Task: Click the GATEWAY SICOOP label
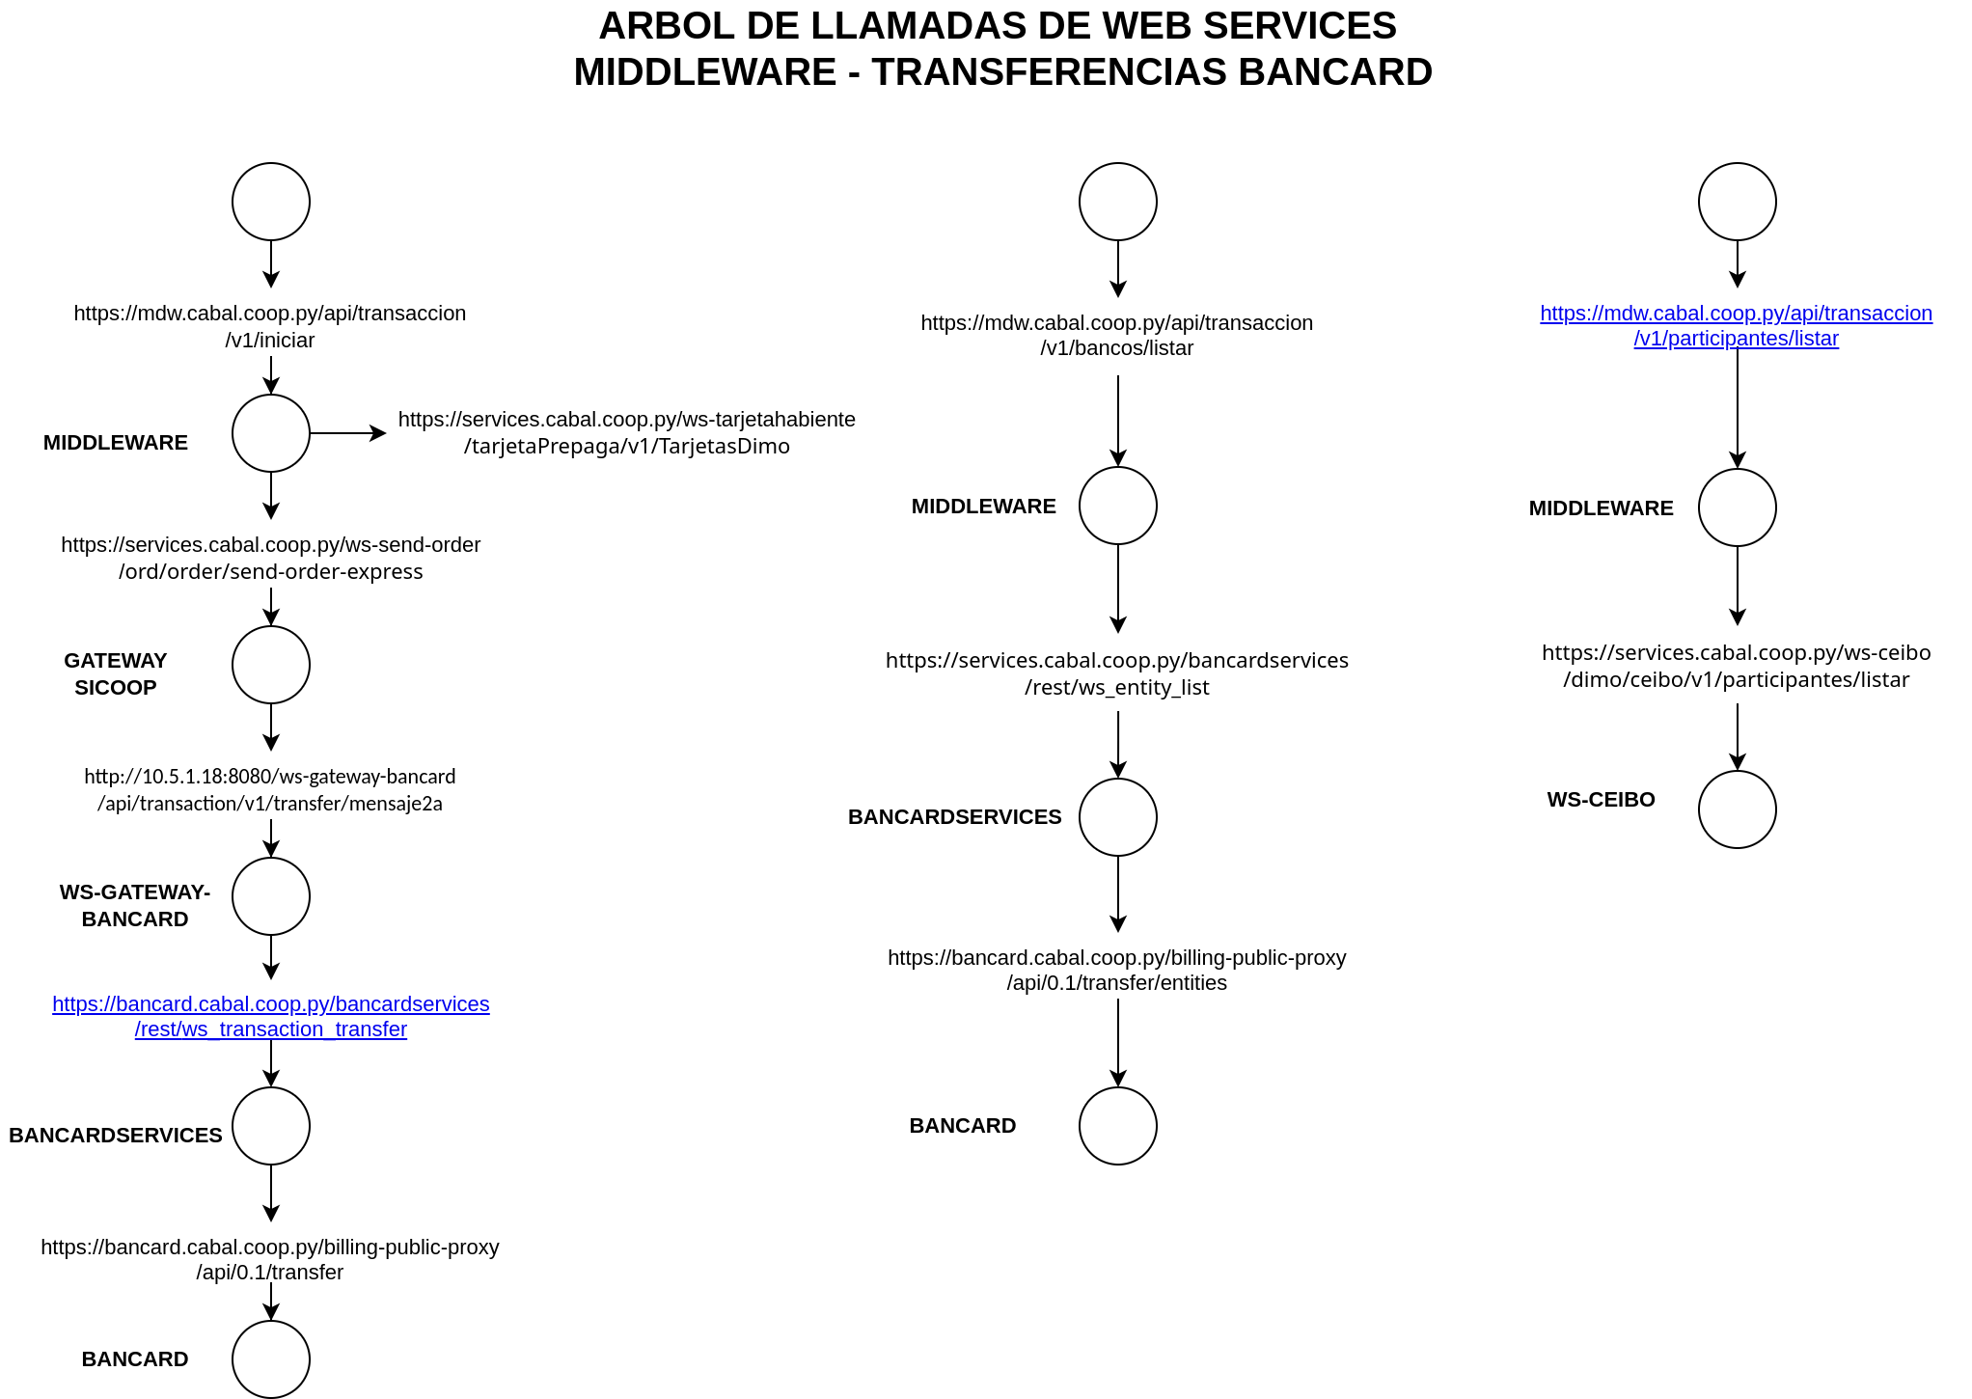pyautogui.click(x=116, y=673)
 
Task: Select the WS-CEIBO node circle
pyautogui.click(x=1737, y=809)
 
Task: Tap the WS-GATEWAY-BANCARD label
pyautogui.click(x=135, y=905)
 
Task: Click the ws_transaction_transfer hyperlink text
pyautogui.click(x=271, y=1017)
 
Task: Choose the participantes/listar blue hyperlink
pyautogui.click(x=1736, y=326)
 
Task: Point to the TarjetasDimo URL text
pyautogui.click(x=626, y=432)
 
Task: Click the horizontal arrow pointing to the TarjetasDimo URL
pyautogui.click(x=348, y=433)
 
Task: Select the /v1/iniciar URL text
pyautogui.click(x=270, y=326)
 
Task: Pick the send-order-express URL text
pyautogui.click(x=271, y=558)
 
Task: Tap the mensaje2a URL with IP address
pyautogui.click(x=270, y=789)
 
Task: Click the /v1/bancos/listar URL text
pyautogui.click(x=1116, y=336)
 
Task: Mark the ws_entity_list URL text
pyautogui.click(x=1117, y=673)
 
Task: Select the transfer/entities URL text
pyautogui.click(x=1117, y=970)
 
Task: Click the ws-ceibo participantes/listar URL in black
pyautogui.click(x=1736, y=666)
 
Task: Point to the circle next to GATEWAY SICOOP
pyautogui.click(x=271, y=665)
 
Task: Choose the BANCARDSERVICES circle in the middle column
pyautogui.click(x=1117, y=817)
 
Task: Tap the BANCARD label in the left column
pyautogui.click(x=135, y=1358)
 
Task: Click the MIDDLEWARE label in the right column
pyautogui.click(x=1601, y=508)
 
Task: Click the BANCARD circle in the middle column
pyautogui.click(x=1117, y=1126)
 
